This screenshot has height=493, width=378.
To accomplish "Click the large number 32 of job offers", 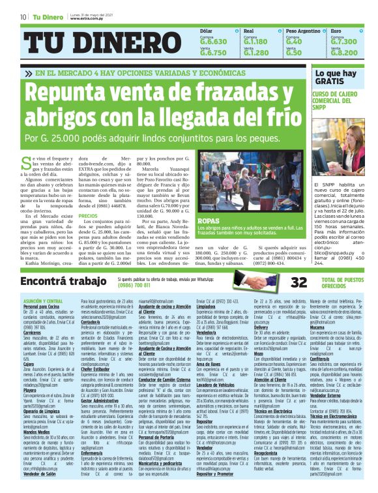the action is pos(298,263).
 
